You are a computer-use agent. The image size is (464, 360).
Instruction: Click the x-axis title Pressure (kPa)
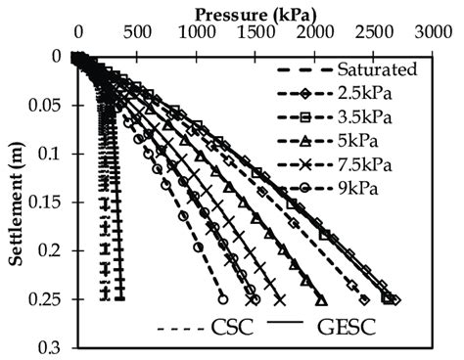coord(249,14)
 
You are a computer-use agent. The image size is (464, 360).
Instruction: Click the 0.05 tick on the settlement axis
coord(51,105)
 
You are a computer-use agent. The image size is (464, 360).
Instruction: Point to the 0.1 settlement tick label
coord(56,154)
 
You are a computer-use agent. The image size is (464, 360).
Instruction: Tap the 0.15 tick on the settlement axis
coord(51,202)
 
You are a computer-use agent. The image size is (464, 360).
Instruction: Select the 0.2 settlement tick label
coord(56,250)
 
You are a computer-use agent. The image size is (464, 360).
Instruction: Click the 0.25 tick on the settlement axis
coord(51,299)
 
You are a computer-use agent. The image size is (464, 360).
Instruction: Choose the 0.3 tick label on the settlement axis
coord(56,347)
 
